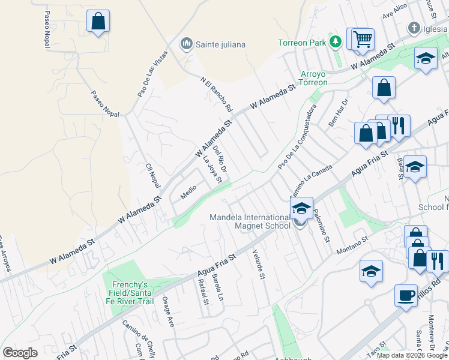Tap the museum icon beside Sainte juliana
pos(187,44)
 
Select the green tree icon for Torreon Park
pos(336,42)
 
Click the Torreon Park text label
pos(302,43)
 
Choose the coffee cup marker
pos(406,295)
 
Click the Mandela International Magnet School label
pos(249,221)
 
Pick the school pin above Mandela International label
pos(301,209)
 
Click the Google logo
pos(20,353)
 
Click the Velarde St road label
pos(259,265)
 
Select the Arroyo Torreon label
pos(313,78)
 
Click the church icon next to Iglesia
pos(413,28)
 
